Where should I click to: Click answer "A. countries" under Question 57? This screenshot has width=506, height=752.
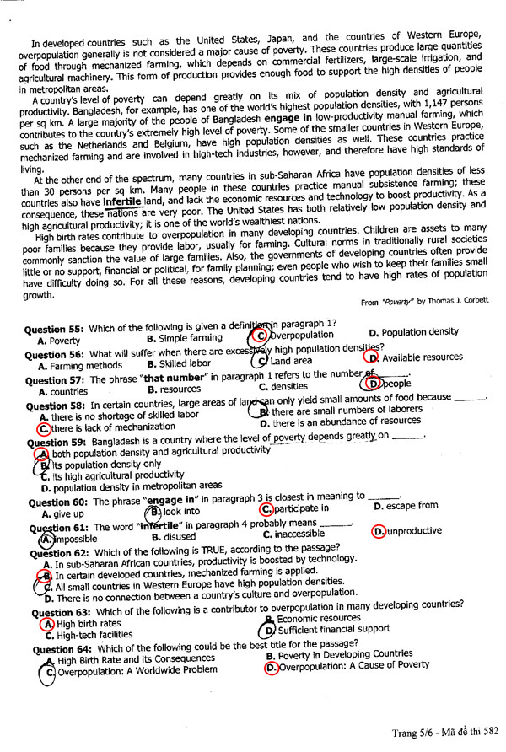64,392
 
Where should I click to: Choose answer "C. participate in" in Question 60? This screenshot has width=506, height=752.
295,510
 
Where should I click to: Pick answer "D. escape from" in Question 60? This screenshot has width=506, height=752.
406,507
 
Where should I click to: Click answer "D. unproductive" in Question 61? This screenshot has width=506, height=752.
408,532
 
